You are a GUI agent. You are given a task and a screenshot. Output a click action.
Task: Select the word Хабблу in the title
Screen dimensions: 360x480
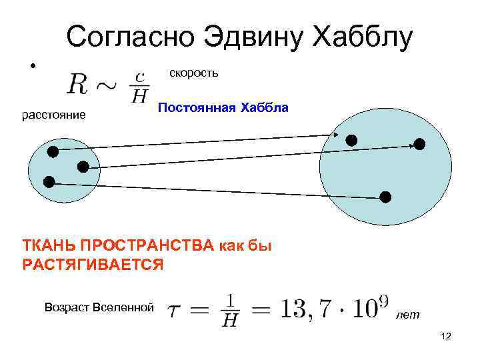pyautogui.click(x=363, y=37)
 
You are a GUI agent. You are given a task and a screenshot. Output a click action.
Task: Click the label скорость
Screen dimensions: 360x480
pyautogui.click(x=193, y=72)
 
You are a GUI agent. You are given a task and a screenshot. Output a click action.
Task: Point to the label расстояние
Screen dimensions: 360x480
pyautogui.click(x=54, y=115)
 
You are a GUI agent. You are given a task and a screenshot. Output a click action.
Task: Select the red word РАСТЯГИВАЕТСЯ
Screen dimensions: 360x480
pyautogui.click(x=93, y=265)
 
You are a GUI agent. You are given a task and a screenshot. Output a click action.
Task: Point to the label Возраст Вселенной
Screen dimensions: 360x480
pyautogui.click(x=99, y=307)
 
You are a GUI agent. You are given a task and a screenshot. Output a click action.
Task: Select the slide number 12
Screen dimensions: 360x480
pyautogui.click(x=446, y=338)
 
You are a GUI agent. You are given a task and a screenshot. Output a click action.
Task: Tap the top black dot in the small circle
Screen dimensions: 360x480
pyautogui.click(x=53, y=151)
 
